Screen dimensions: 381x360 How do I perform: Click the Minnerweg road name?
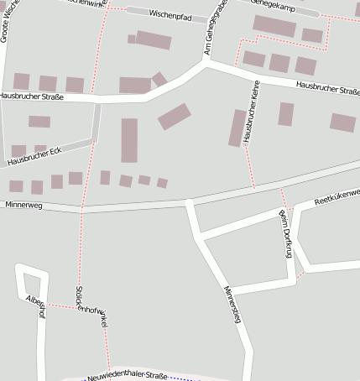[x=23, y=204]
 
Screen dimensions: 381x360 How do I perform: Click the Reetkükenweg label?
[x=336, y=198]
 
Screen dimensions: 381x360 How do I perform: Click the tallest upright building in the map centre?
[x=129, y=140]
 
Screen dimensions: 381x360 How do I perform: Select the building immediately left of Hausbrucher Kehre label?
[x=237, y=128]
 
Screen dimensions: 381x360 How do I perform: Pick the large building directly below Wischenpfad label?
[x=154, y=39]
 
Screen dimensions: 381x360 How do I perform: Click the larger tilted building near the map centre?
[x=175, y=116]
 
